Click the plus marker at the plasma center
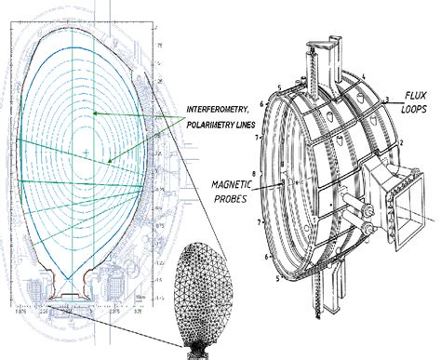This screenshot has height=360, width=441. tap(85, 152)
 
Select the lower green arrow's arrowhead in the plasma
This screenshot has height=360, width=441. tap(111, 162)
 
